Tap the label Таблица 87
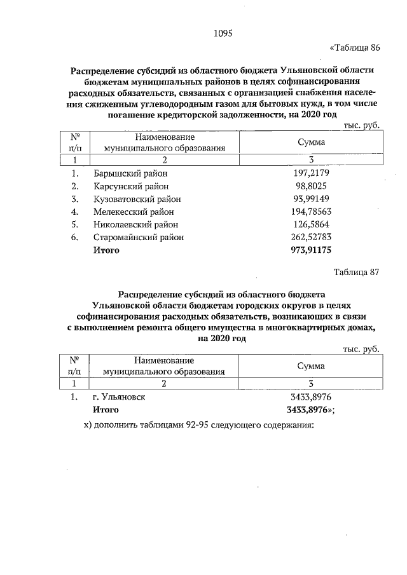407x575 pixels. [356, 273]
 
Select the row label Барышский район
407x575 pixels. [130, 173]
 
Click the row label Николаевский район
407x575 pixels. [135, 224]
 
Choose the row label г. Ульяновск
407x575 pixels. [119, 396]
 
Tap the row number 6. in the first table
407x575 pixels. [75, 237]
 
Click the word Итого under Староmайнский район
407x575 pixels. [106, 250]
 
